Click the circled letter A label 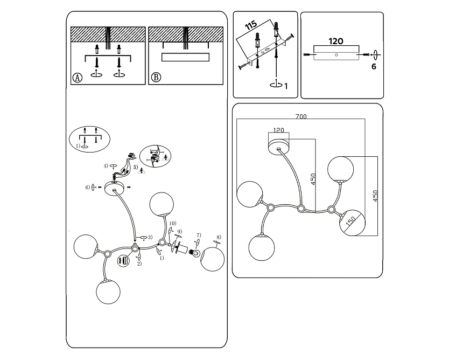click(78, 77)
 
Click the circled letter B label click(156, 77)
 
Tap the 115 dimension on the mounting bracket click(251, 26)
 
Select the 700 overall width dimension click(301, 116)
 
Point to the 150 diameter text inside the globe click(351, 222)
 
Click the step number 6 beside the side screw click(373, 67)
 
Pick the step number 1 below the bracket click(286, 86)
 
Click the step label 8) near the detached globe click(219, 238)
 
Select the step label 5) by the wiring click(136, 168)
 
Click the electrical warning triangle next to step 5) click(142, 171)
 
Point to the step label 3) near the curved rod click(150, 237)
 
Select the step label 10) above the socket click(172, 223)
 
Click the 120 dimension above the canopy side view click(336, 41)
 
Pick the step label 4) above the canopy click(107, 165)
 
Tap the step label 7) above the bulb click(198, 235)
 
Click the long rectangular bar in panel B click(185, 57)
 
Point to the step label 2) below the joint click(139, 264)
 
